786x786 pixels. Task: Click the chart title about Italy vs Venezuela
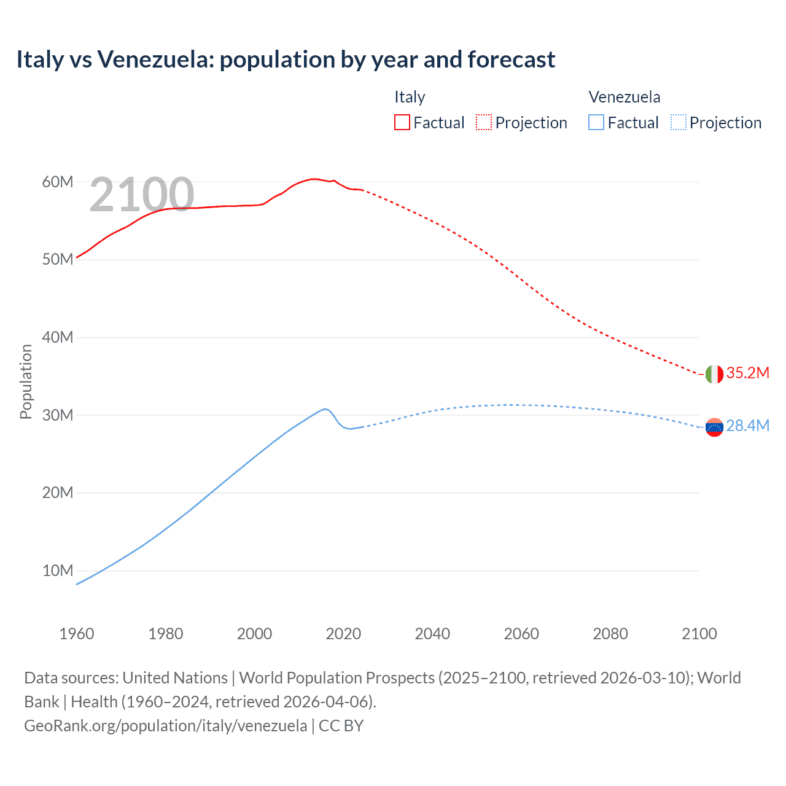286,60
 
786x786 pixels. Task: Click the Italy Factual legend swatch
402,122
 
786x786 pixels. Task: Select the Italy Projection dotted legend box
484,122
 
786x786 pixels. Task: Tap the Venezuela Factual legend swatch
596,122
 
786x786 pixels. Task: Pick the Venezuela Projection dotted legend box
678,122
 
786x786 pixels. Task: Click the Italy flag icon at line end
714,374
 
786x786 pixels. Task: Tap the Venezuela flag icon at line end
714,427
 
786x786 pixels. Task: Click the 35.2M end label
747,373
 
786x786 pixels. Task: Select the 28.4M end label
747,426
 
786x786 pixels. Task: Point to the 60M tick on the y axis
58,182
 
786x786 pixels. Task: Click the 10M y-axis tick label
58,570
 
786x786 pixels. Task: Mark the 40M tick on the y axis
58,337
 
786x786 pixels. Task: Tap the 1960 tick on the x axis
77,634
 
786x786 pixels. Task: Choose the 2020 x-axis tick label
343,634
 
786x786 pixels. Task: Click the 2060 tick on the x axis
521,634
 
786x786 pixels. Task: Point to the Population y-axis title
26,381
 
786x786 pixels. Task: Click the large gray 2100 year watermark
142,195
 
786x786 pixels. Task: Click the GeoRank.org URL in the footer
165,726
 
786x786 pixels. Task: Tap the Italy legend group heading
410,97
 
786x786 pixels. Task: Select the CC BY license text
341,726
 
